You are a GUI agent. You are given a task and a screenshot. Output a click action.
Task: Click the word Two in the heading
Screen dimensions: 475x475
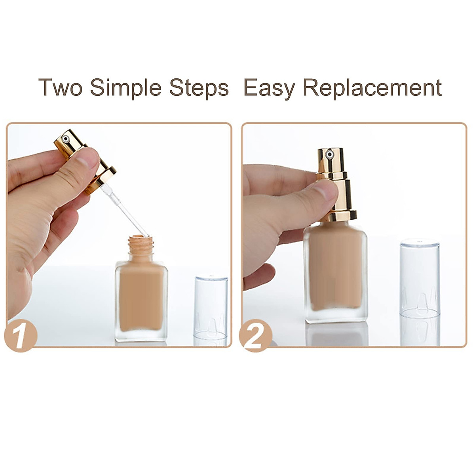[60, 87]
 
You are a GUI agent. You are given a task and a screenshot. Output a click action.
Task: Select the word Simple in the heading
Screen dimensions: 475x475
[125, 87]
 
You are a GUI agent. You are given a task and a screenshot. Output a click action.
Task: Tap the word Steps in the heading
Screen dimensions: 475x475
[199, 87]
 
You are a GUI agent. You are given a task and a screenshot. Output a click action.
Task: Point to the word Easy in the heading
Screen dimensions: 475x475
[269, 87]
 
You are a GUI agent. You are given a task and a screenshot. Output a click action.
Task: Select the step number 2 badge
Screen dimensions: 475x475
[255, 336]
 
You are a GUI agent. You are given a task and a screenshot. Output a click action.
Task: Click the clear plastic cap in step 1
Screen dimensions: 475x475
[211, 307]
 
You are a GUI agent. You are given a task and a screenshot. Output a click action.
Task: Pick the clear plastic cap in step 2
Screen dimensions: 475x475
[420, 277]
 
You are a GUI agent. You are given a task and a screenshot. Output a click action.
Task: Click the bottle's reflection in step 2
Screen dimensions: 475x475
[336, 334]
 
